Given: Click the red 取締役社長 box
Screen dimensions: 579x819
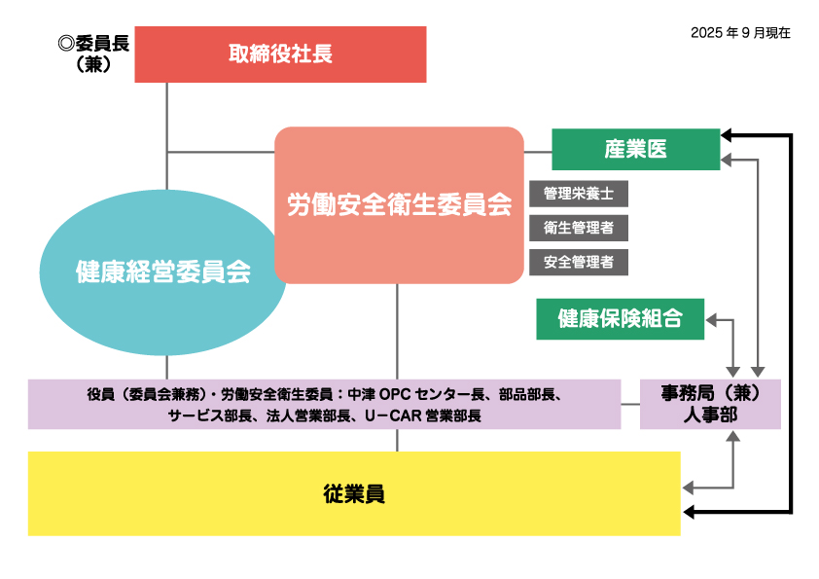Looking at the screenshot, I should click(280, 54).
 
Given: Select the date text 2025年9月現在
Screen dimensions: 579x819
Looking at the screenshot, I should click(740, 32).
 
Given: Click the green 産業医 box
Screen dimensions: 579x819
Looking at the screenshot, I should click(636, 149).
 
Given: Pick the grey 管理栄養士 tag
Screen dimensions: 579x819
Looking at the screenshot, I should click(579, 193).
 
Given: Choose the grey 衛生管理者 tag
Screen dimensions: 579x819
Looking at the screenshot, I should click(579, 228).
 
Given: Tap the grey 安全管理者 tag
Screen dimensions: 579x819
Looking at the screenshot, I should click(579, 262).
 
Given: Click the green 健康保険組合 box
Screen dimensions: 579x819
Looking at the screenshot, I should click(620, 318).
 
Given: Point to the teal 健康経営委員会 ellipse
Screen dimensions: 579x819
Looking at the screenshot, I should click(163, 272).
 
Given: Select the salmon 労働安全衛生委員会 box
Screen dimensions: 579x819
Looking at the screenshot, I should click(399, 205).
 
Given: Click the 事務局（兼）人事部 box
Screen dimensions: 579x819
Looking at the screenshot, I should click(710, 404).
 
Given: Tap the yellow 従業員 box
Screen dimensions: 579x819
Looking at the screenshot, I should click(354, 493).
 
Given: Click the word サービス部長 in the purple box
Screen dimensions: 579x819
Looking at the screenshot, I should click(210, 415).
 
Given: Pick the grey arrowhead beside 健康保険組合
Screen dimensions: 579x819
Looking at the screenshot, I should click(713, 319).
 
